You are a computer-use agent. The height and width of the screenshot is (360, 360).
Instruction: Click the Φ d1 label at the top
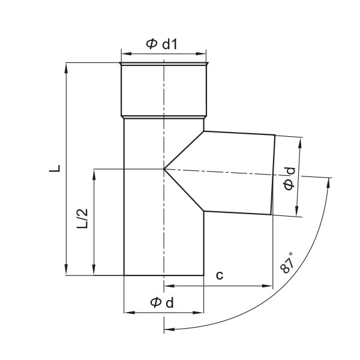tap(161, 44)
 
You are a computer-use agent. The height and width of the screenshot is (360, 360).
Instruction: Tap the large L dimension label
tap(55, 169)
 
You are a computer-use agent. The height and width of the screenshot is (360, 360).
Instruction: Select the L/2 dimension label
tap(82, 218)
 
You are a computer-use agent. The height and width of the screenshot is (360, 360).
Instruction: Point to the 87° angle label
tap(287, 263)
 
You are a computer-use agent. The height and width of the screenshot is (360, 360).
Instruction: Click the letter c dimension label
tap(220, 275)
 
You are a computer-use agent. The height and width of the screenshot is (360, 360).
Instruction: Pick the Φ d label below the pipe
tap(162, 302)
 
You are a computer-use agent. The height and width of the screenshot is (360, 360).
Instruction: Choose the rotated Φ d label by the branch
tap(289, 179)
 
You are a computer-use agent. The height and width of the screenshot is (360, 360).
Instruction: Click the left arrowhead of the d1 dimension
tap(126, 54)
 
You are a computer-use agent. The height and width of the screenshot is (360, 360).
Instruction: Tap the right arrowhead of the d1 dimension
tap(201, 54)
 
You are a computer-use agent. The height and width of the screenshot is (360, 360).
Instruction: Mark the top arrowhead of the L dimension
tap(67, 68)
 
